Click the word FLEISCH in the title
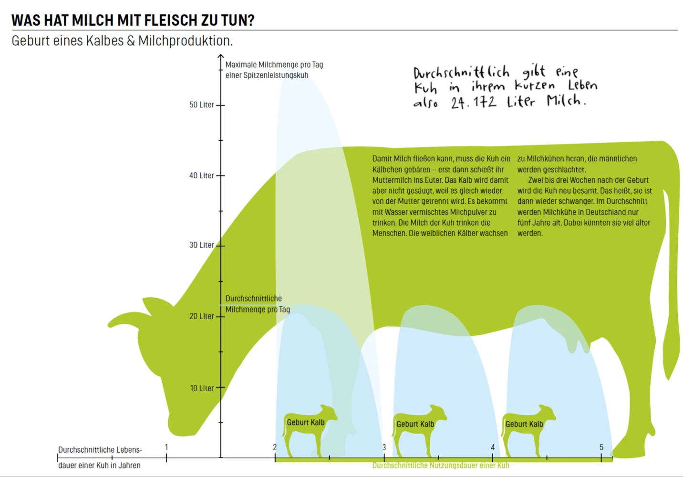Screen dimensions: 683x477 170,21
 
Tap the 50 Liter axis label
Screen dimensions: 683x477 202,104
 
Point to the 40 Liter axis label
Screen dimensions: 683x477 202,176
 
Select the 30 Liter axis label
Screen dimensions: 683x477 202,245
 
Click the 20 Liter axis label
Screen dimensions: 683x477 202,316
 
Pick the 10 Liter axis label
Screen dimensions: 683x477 202,388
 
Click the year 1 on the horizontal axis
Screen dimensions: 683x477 166,447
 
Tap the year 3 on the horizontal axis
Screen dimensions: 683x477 384,447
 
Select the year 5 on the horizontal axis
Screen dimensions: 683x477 601,447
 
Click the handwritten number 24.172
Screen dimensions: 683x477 474,102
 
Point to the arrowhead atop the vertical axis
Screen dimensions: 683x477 220,56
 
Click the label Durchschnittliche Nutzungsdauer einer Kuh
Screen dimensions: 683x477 441,466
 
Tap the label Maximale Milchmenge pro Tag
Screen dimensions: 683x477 274,65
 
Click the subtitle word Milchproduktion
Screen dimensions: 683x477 186,41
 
